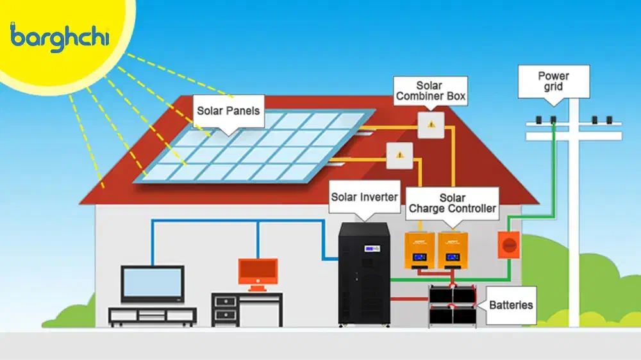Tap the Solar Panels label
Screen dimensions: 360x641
click(228, 110)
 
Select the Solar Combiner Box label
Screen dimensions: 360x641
click(430, 91)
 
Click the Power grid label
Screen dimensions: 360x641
click(553, 81)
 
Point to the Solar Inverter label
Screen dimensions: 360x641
click(365, 197)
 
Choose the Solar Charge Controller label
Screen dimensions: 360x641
click(452, 203)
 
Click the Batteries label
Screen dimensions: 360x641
click(510, 305)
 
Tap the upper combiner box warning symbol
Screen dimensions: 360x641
click(431, 124)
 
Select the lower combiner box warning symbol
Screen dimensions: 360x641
click(399, 154)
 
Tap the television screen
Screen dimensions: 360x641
click(153, 284)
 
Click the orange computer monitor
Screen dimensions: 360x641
click(258, 272)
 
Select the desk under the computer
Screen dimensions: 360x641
click(247, 308)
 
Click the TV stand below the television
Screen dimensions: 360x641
click(153, 316)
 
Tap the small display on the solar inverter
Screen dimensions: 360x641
click(371, 248)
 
